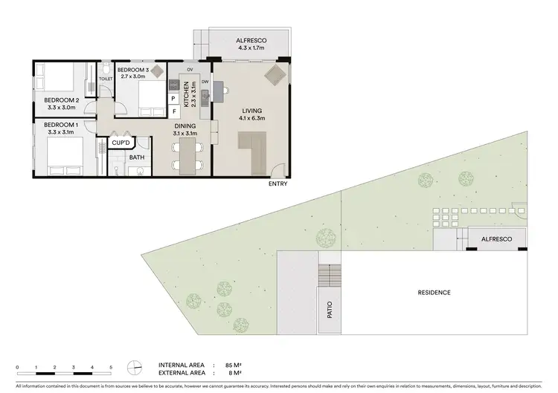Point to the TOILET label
(105, 77)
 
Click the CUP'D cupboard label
(121, 142)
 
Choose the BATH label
(137, 157)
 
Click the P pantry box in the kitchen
(173, 98)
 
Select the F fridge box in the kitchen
(173, 112)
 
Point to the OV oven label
(190, 69)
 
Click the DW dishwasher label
(205, 82)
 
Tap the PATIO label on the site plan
(328, 311)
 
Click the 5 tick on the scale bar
(111, 368)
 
